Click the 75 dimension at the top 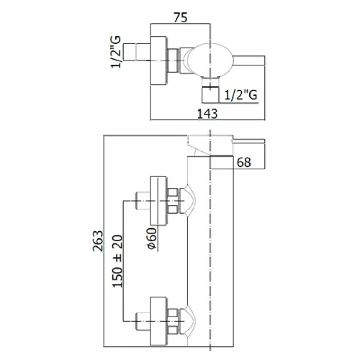coord(181,17)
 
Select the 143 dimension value coord(207,114)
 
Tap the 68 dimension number coord(244,163)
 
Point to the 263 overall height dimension coord(98,240)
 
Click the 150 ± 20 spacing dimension coord(117,261)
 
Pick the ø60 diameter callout coord(153,238)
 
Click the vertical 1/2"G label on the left coord(116,52)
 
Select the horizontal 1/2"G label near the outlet coord(241,95)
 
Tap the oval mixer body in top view coord(210,60)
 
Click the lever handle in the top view coord(249,60)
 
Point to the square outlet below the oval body coord(210,95)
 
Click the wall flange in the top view coord(158,60)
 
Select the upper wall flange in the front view coord(158,201)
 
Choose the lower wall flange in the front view coord(158,321)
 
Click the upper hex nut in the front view coord(173,201)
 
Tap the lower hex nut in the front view coord(173,321)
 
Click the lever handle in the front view coord(249,141)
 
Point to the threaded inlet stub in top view coord(137,51)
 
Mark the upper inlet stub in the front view coord(143,201)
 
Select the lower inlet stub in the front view coord(143,321)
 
